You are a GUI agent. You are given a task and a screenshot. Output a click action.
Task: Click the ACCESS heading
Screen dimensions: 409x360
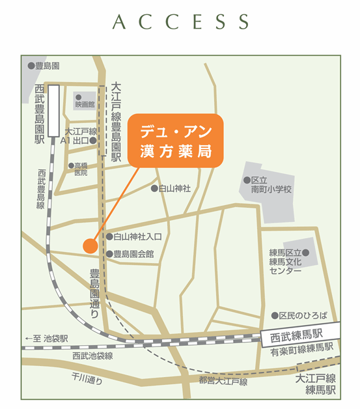click(x=180, y=22)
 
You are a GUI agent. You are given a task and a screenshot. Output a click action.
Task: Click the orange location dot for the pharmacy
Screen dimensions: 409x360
click(x=90, y=246)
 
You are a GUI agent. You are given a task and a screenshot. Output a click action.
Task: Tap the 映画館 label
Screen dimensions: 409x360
click(x=85, y=104)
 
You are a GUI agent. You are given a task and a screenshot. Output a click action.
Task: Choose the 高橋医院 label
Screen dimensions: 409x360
click(x=81, y=169)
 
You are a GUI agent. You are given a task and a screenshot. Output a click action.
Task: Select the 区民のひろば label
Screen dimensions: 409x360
click(x=303, y=315)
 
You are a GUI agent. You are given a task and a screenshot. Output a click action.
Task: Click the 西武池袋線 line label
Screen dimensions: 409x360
click(x=92, y=356)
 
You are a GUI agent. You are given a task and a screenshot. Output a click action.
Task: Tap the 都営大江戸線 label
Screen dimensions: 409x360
click(x=223, y=381)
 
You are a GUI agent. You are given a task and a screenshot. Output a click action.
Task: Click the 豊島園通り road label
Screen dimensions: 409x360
click(x=96, y=292)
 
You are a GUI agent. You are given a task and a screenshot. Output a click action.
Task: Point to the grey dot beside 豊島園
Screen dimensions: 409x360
click(x=31, y=66)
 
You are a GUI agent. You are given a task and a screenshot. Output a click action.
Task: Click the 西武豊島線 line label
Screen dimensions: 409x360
click(x=40, y=190)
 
